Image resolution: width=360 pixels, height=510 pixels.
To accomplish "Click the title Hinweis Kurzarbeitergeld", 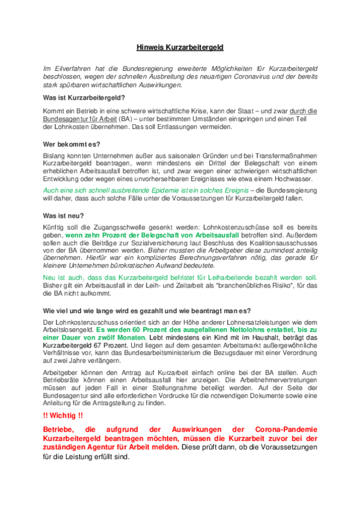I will (179, 46).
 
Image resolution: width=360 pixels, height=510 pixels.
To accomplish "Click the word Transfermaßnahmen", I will (282, 157).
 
